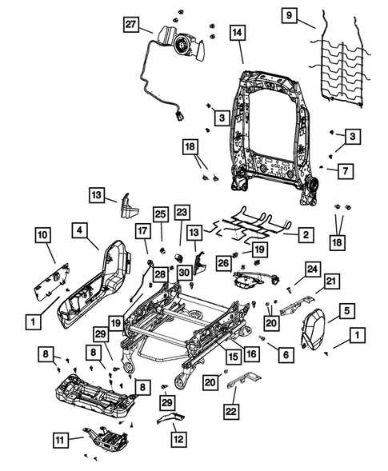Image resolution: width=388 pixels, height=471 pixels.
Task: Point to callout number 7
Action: coord(342,170)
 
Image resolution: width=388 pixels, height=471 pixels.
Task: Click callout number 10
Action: coord(43,235)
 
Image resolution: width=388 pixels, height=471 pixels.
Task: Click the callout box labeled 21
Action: coord(331,281)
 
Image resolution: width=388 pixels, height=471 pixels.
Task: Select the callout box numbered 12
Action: coord(177,439)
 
